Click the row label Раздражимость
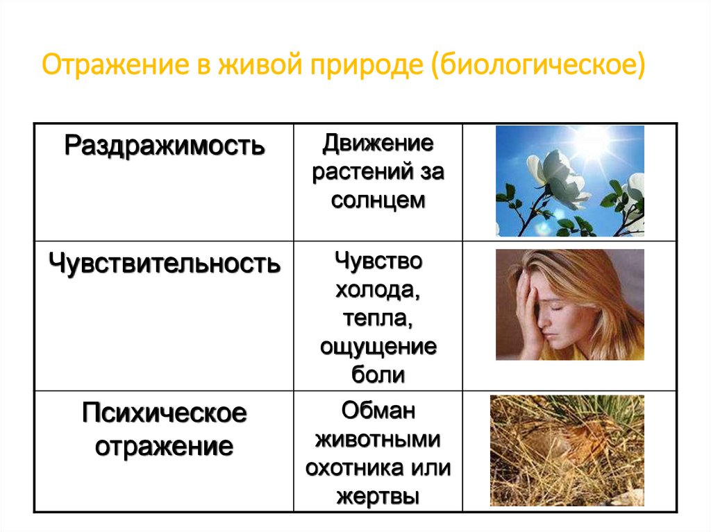coord(165,146)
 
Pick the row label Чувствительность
coord(165,263)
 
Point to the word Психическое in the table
coord(165,414)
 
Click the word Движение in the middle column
coord(378,145)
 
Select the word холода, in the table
coord(378,291)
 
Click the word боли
coord(378,375)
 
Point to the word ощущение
coord(378,347)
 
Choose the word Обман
coord(378,411)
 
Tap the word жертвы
coord(378,497)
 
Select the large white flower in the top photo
coord(552,177)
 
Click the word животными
coord(378,440)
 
